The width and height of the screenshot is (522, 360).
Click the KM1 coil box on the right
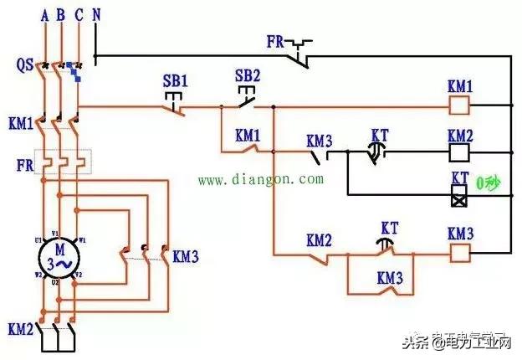(459, 106)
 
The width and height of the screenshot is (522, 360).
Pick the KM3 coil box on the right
(459, 251)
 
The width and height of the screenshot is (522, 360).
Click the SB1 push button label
(174, 82)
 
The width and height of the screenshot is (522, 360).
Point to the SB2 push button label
(248, 75)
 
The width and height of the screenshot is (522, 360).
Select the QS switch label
(24, 64)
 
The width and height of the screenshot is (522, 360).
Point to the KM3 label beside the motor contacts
(185, 256)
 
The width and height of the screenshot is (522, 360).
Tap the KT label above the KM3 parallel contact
(389, 229)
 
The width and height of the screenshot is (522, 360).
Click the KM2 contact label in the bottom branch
(319, 240)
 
